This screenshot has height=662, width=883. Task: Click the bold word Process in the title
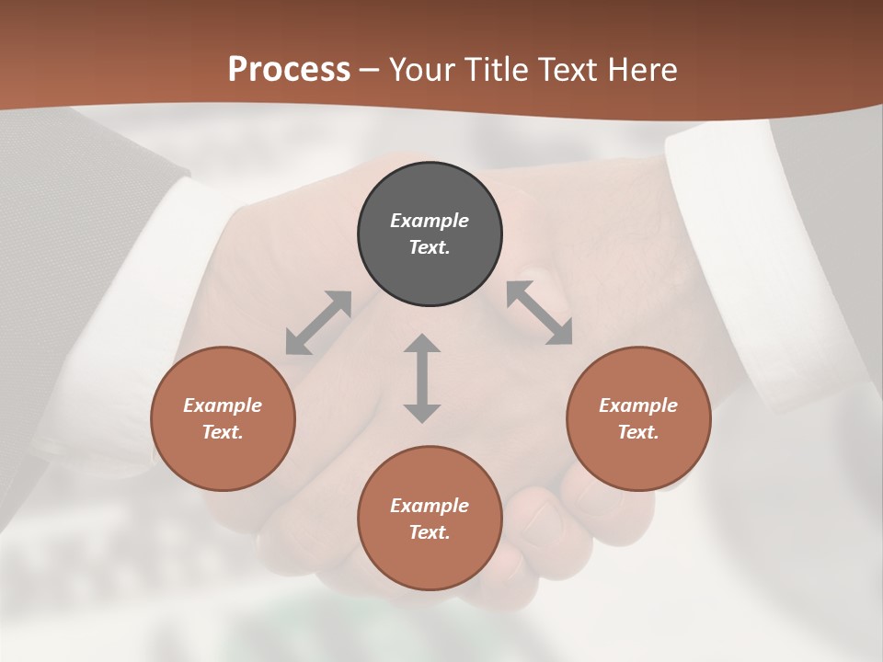(x=289, y=70)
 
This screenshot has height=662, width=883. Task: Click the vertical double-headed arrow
(x=422, y=378)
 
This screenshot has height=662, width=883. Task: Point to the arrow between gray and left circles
(x=318, y=323)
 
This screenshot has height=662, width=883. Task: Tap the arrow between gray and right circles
(x=540, y=313)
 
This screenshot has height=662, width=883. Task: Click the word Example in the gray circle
(x=430, y=221)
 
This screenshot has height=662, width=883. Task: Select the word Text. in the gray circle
(x=430, y=247)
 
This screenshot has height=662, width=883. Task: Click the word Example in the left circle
(x=223, y=405)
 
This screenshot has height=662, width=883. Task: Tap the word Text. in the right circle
(x=638, y=432)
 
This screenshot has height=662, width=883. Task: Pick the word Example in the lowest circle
(x=430, y=506)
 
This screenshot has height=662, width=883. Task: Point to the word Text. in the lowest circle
(x=430, y=532)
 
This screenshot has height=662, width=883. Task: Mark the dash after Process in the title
(x=369, y=70)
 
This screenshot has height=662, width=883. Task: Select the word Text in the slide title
(x=567, y=70)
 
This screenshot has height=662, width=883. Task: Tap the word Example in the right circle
(x=638, y=405)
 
